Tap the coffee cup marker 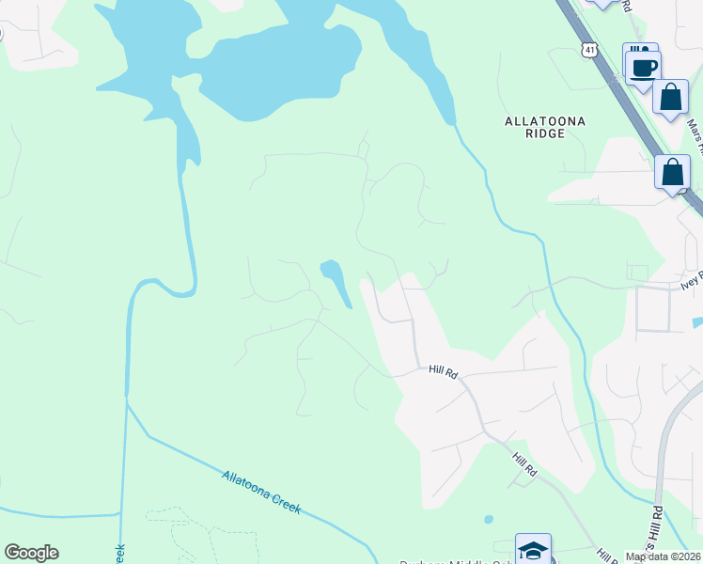click(644, 68)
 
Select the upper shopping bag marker click(670, 97)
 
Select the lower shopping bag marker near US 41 click(673, 173)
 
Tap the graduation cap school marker click(533, 550)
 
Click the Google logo click(31, 553)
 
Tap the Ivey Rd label click(691, 281)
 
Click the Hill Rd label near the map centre click(443, 372)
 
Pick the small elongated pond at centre click(336, 281)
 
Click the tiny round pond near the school click(488, 519)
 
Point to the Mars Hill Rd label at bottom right click(657, 531)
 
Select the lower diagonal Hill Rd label click(523, 462)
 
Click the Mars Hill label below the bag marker click(694, 132)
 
